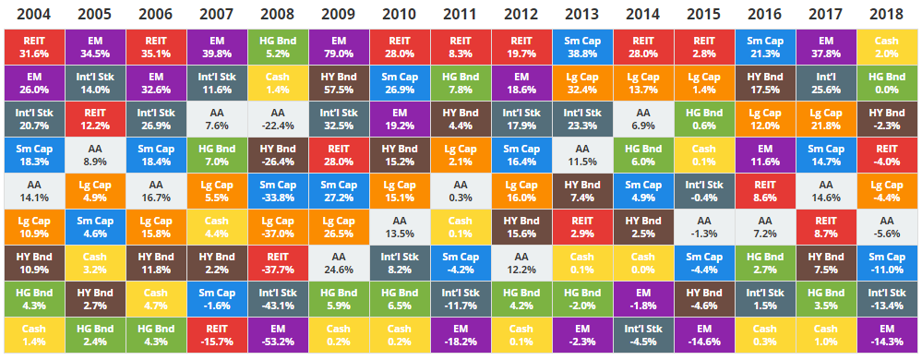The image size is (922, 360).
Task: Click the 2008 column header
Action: pos(276,14)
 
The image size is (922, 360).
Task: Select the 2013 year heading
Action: pos(581,14)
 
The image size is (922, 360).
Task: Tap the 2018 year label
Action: pos(887,14)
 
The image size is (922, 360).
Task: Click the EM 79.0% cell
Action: pos(338,47)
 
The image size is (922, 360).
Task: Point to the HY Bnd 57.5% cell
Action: pos(338,83)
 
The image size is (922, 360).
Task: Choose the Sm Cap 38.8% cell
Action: pos(581,47)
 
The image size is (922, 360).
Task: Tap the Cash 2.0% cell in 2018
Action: pos(887,47)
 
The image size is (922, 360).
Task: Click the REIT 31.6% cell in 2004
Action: pos(34,47)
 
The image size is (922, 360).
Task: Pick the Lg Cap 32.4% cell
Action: pos(581,83)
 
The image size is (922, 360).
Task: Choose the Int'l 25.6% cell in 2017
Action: pos(826,83)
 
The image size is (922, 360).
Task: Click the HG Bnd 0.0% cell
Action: pos(887,83)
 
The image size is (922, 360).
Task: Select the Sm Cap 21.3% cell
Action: pos(764,47)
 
